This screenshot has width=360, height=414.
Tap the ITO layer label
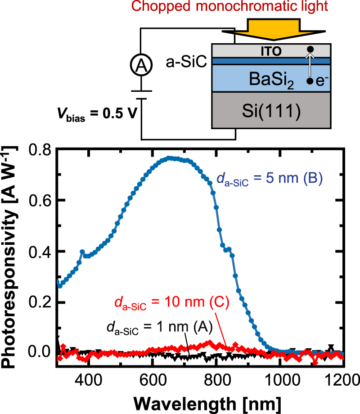tap(271, 51)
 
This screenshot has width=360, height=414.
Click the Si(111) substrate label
tap(271, 111)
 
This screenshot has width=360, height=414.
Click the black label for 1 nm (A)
tap(160, 327)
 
